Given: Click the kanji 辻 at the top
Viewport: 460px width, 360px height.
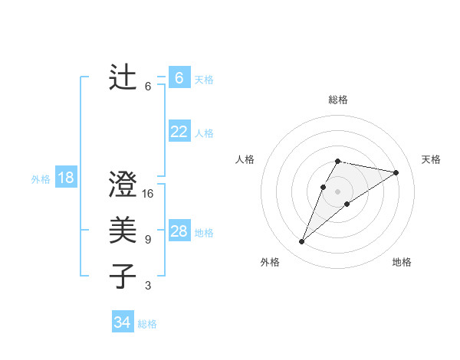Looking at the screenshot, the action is pyautogui.click(x=123, y=78).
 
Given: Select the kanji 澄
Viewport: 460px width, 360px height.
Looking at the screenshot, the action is pyautogui.click(x=123, y=185).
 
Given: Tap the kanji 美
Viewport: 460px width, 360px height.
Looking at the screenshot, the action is pyautogui.click(x=123, y=231).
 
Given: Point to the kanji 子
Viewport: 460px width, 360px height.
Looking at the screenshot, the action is pyautogui.click(x=123, y=277).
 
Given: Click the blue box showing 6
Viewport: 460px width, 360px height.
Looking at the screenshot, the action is pyautogui.click(x=179, y=78).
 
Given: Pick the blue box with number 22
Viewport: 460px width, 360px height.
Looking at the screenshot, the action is pyautogui.click(x=179, y=132).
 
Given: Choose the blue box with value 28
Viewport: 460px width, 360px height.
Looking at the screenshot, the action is pyautogui.click(x=179, y=231).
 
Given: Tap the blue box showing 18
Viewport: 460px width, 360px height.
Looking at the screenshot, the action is pyautogui.click(x=66, y=178).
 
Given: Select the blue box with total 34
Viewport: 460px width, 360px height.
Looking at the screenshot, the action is pyautogui.click(x=122, y=322).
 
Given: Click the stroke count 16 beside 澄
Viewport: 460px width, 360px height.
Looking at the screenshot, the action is pyautogui.click(x=148, y=194).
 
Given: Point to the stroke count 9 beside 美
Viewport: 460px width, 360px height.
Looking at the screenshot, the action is pyautogui.click(x=148, y=240).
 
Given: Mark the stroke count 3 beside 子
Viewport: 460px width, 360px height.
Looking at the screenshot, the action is pyautogui.click(x=148, y=286).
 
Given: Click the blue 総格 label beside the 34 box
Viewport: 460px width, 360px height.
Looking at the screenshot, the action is pyautogui.click(x=147, y=324).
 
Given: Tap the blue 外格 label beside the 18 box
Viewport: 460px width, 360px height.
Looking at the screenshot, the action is pyautogui.click(x=41, y=179).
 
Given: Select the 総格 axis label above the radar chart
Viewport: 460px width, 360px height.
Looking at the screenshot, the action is pyautogui.click(x=338, y=100).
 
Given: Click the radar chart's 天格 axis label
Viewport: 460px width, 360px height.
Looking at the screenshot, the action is pyautogui.click(x=432, y=159).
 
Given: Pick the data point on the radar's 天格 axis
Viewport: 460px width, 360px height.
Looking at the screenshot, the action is pyautogui.click(x=396, y=172).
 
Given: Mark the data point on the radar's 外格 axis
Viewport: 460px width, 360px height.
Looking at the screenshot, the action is pyautogui.click(x=301, y=242).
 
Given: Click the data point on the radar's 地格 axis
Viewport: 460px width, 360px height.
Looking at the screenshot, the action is pyautogui.click(x=347, y=204).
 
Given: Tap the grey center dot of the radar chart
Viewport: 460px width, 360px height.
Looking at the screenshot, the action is pyautogui.click(x=338, y=191).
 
